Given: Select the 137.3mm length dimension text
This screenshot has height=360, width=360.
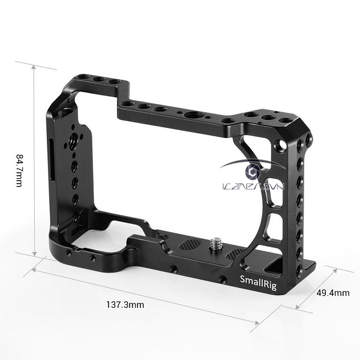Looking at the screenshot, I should pyautogui.click(x=123, y=304).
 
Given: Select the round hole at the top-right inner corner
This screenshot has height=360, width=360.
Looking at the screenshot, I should pyautogui.click(x=277, y=144).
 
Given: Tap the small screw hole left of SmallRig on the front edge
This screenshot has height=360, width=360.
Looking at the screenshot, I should pyautogui.click(x=223, y=279).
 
